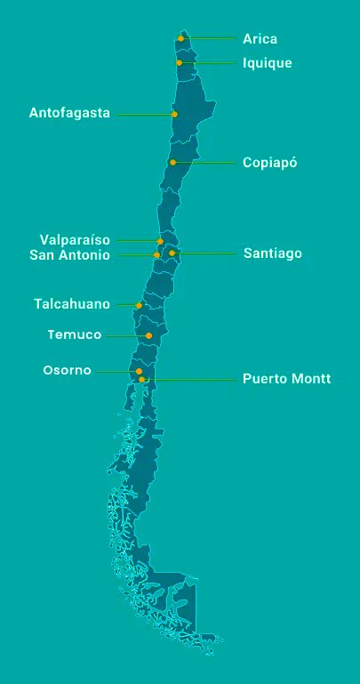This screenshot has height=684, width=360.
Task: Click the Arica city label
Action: point(260,39)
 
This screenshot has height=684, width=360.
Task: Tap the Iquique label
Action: point(267,63)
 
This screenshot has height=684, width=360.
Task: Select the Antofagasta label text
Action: point(69,113)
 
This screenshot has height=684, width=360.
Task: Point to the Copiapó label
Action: point(269,163)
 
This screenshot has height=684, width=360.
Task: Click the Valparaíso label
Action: point(75,239)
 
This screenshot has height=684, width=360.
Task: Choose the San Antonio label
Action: point(69,255)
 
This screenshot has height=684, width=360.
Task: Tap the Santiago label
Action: point(272,253)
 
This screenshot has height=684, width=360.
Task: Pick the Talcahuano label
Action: point(72,304)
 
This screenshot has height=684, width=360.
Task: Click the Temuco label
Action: point(74,335)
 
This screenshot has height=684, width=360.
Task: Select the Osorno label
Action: point(67,370)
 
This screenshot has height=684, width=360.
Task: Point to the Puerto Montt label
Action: point(286,379)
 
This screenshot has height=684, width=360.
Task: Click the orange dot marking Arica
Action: point(180,38)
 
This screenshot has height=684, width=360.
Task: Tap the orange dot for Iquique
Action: point(180,63)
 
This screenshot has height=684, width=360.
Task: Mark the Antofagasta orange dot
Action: point(174,114)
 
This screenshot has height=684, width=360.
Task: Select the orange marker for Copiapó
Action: point(173,163)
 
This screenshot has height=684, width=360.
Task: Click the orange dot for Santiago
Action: point(172,253)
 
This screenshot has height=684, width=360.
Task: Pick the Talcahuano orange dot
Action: point(139,305)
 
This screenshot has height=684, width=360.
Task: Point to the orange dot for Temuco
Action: point(148,335)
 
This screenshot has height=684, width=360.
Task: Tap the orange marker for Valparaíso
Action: point(160,241)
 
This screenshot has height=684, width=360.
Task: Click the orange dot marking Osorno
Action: point(139,371)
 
